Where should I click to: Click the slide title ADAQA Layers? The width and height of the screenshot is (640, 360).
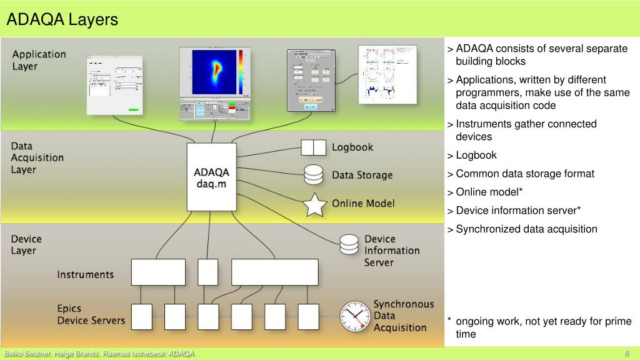[62, 20]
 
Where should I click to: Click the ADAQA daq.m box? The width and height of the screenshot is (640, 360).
[212, 177]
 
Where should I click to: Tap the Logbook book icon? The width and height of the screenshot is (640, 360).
[314, 147]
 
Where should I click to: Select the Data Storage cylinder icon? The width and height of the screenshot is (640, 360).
[313, 174]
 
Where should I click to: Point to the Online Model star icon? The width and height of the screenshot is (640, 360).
[315, 204]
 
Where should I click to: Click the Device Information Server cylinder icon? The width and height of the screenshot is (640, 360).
[349, 244]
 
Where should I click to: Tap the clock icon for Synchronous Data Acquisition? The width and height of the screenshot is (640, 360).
[355, 316]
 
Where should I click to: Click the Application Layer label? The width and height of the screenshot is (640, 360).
[39, 60]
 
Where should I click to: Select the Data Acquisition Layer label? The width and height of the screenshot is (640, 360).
[37, 157]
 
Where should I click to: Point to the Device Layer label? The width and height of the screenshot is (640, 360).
[26, 244]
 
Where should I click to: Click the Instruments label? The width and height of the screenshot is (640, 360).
[86, 274]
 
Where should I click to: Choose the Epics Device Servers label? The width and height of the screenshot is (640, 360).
[91, 314]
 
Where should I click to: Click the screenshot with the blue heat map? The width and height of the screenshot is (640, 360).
[214, 83]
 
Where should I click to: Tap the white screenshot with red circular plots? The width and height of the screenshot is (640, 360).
[387, 74]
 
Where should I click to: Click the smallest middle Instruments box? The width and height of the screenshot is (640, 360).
[208, 272]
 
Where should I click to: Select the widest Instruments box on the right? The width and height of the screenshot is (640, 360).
[274, 272]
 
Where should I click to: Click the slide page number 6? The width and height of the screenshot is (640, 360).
[626, 354]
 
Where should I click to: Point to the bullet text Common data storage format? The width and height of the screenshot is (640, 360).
[525, 174]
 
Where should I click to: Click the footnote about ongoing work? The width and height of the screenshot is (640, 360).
[542, 327]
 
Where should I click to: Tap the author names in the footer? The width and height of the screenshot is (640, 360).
[99, 354]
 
